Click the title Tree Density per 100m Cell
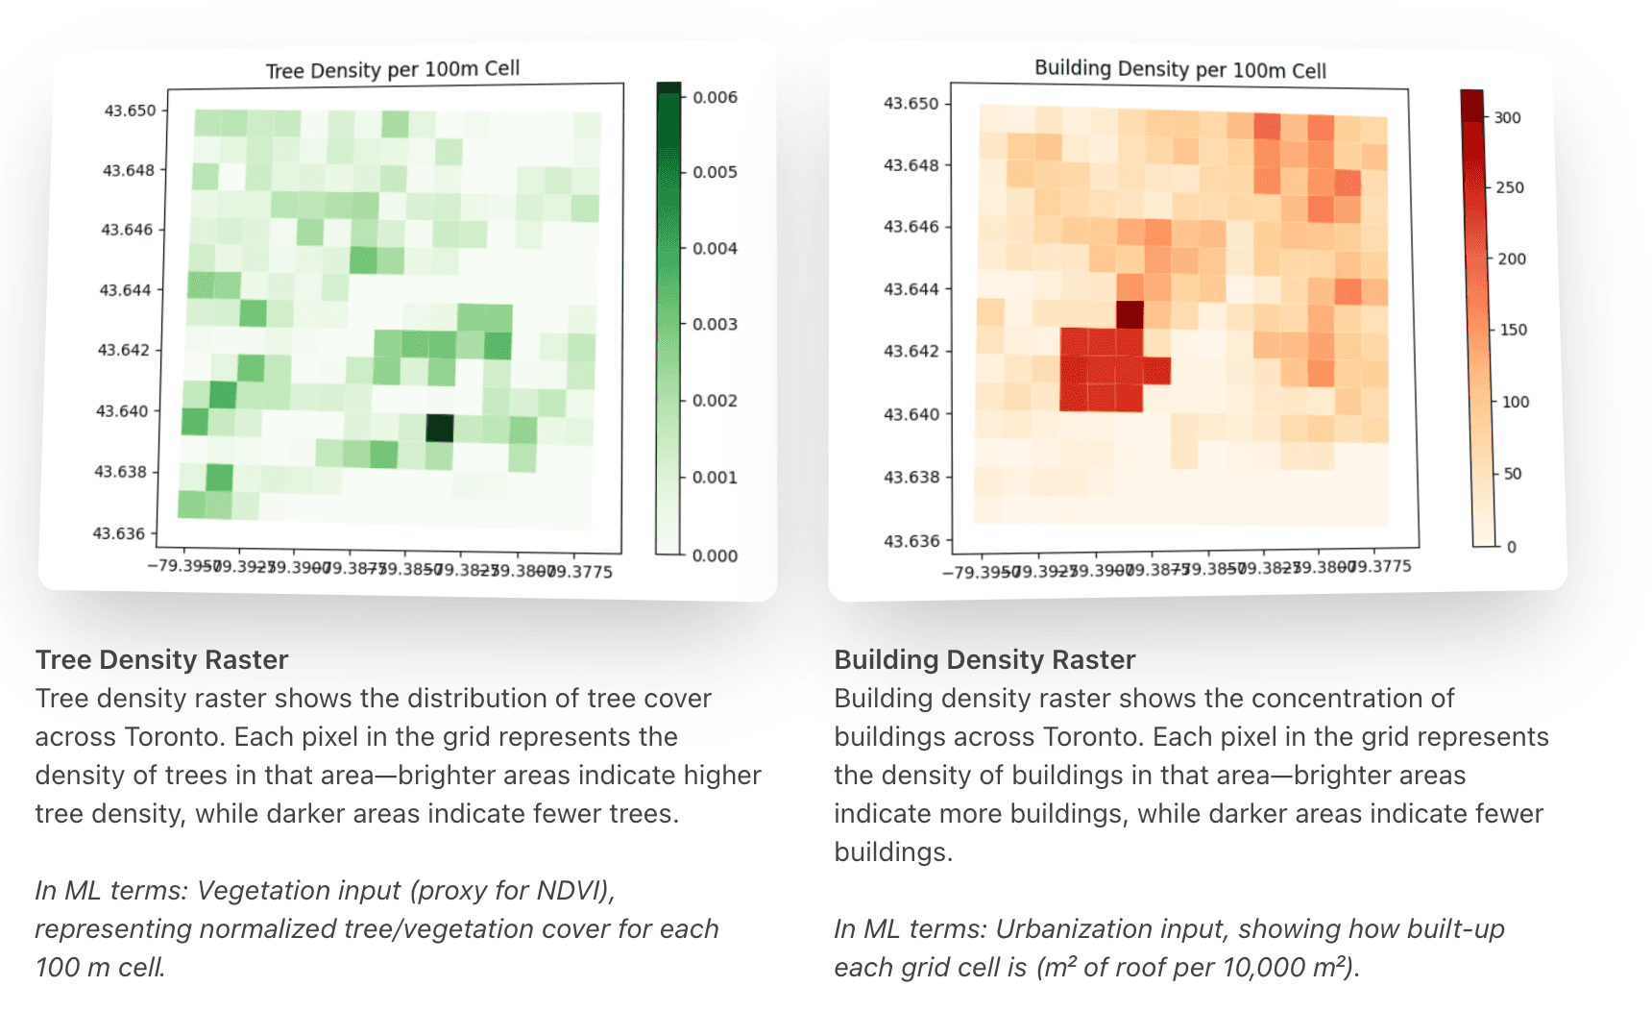392,69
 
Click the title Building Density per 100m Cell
1179,69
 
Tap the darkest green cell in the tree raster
439,428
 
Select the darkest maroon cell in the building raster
1130,314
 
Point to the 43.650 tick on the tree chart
130,111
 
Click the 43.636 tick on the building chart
911,541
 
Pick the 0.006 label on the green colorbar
715,97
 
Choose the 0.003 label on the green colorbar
715,324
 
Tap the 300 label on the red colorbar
1507,117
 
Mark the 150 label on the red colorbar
1513,330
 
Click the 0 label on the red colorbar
1511,547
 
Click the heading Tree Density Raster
161,659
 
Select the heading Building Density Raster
984,659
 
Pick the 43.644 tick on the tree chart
125,290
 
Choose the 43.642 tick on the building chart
911,351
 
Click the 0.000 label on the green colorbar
715,555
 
